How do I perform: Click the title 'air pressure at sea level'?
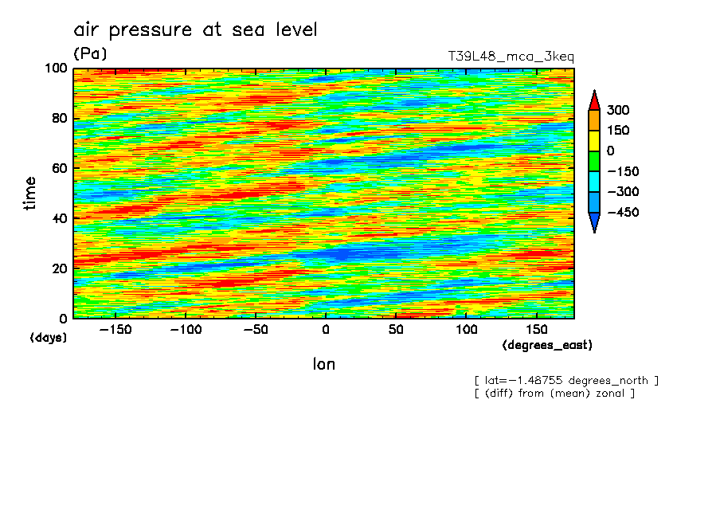coord(195,30)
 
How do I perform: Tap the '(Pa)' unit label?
coord(90,54)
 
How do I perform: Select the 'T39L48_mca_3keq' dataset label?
coord(511,57)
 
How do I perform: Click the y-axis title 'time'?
coord(30,193)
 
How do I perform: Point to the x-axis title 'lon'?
coord(323,365)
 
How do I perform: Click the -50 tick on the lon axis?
coord(255,330)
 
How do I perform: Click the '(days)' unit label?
coord(49,338)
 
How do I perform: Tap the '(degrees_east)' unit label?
coord(547,346)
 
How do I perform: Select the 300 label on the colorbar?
coord(618,110)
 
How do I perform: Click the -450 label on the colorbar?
coord(623,213)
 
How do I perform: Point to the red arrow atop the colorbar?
coord(594,100)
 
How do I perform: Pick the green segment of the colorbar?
coord(594,161)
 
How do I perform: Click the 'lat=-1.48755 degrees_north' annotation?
coord(566,381)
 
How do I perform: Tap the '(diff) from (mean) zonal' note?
coord(554,394)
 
